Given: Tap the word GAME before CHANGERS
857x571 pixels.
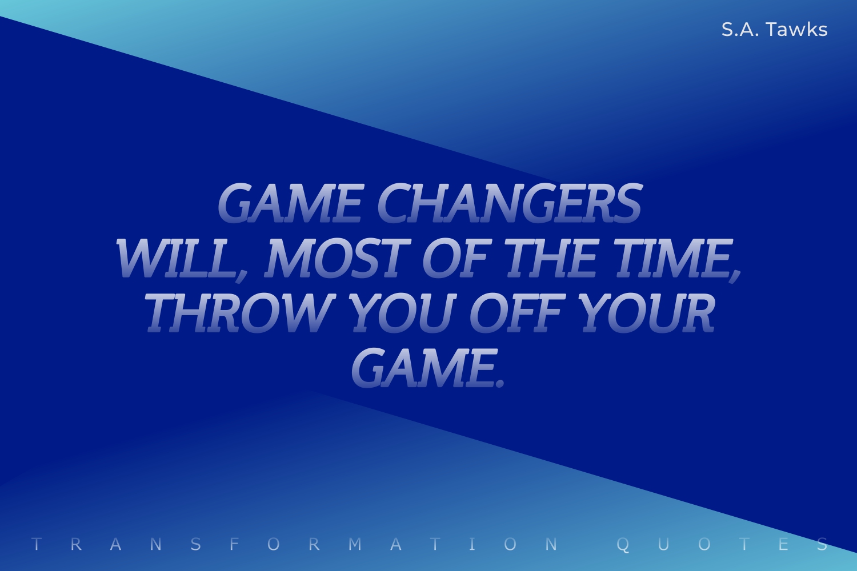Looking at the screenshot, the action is point(290,203).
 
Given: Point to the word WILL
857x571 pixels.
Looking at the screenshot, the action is point(177,258).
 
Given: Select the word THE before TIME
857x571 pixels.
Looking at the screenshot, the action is point(551,258).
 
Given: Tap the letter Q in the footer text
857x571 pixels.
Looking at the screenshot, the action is point(623,544).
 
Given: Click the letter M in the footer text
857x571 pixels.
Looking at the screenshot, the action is point(355,544).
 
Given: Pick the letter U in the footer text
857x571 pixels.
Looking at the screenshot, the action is point(664,544).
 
